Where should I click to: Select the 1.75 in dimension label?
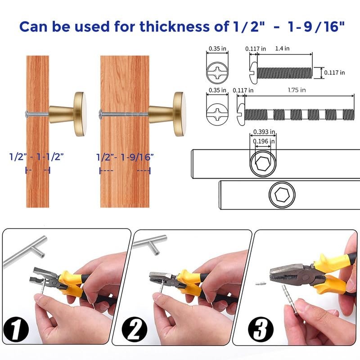297,90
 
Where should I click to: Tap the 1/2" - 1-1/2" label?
37,157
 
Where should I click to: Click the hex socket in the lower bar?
282,195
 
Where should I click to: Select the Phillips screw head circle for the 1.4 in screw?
217,72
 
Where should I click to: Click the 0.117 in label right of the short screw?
334,72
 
